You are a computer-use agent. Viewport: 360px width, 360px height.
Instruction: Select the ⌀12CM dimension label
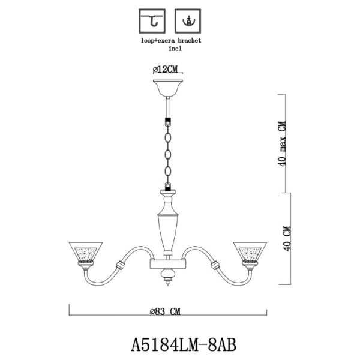click(167, 70)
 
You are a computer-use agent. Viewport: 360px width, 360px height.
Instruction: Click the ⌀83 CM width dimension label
click(166, 311)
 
